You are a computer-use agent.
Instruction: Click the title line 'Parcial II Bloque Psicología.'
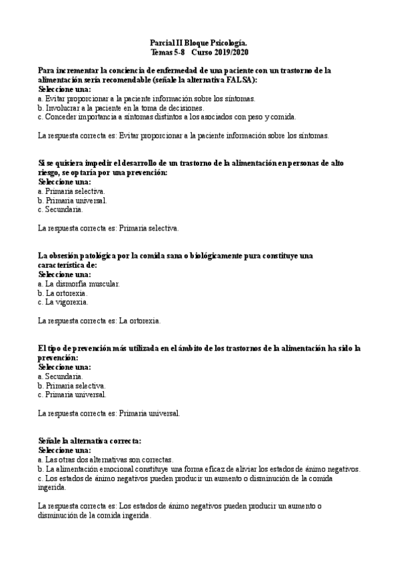(199, 42)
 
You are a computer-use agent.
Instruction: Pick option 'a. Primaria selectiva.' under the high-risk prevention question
(71, 191)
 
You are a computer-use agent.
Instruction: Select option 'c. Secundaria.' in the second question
(61, 209)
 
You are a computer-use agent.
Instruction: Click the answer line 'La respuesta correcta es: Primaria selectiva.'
(109, 228)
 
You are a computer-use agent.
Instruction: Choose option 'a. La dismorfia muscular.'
(79, 283)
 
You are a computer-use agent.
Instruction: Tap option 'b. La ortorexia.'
(63, 292)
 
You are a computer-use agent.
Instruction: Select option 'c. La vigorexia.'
(63, 302)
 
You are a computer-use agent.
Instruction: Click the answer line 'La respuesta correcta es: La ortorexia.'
(99, 320)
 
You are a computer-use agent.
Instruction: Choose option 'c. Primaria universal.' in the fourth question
(72, 394)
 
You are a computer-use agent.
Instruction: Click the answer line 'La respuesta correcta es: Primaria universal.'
(109, 413)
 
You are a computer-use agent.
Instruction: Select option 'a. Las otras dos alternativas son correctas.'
(107, 459)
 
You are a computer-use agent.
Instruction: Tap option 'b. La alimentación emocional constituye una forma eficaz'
(199, 468)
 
